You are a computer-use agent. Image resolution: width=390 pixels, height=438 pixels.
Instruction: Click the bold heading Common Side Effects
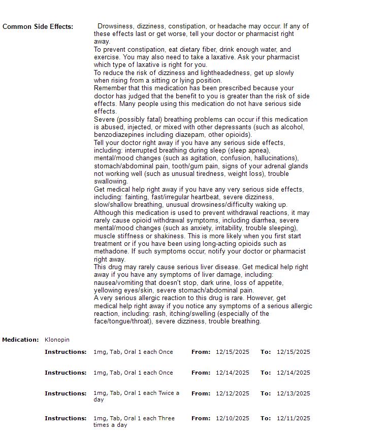click(38, 26)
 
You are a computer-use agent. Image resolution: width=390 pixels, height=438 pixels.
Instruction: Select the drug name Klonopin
click(57, 340)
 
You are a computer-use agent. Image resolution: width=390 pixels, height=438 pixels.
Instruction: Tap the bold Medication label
click(20, 340)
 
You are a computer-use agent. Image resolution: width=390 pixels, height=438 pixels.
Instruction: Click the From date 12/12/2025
click(232, 393)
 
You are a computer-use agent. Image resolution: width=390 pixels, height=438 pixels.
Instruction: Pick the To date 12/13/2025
click(293, 393)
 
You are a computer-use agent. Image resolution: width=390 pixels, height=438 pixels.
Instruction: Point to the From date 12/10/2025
click(232, 418)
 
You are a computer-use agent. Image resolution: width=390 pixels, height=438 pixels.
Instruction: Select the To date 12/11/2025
click(293, 418)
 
